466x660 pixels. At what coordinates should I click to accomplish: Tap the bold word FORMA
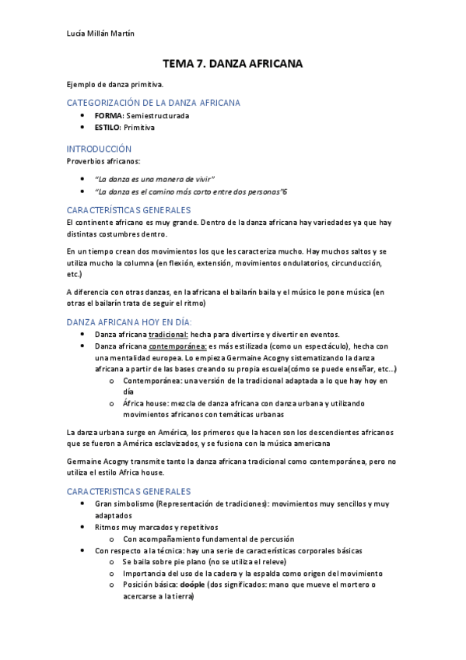click(x=109, y=115)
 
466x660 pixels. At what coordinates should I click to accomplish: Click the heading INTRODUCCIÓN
click(x=99, y=148)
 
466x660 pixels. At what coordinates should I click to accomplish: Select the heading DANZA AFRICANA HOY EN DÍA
click(x=129, y=321)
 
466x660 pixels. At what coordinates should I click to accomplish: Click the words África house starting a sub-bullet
click(x=142, y=403)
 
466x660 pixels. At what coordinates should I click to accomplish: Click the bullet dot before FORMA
click(x=83, y=115)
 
